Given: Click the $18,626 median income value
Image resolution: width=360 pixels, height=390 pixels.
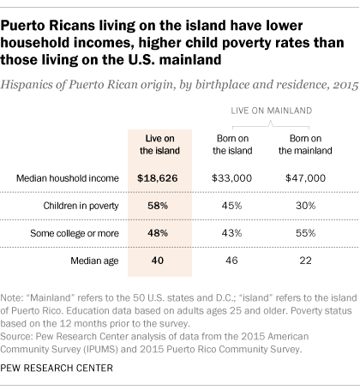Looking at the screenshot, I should pos(155,177).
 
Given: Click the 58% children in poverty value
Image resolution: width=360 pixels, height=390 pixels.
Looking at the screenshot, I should pos(155,206).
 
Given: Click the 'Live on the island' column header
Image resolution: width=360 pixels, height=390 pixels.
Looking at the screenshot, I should pos(155,143).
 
